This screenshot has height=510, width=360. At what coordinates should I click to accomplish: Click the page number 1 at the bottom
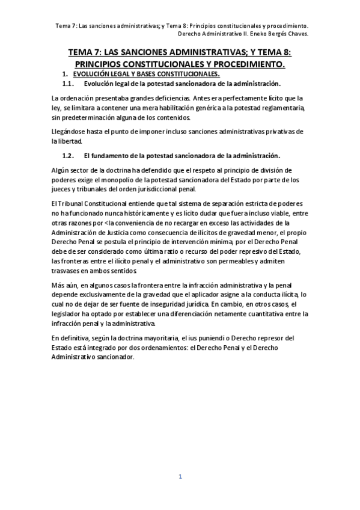coord(180,477)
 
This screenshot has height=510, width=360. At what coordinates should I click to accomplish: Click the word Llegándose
coord(70,131)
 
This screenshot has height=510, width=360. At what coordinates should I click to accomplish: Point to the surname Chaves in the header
coord(296,34)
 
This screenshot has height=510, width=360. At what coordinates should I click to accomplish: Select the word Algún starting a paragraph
coord(62,170)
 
